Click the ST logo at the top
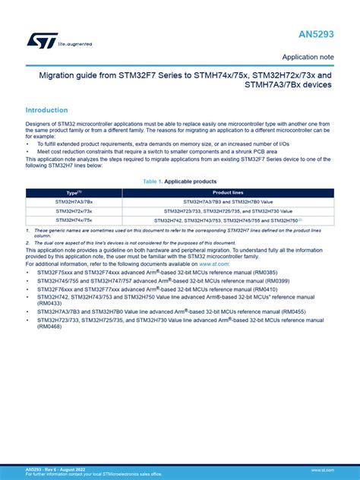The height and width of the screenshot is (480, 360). tap(38, 39)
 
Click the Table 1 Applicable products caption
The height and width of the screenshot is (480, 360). tap(179, 182)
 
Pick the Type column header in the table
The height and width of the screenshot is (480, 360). tap(74, 193)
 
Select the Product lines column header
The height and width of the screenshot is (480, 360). tap(226, 193)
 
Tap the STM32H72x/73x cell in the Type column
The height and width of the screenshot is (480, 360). tap(74, 211)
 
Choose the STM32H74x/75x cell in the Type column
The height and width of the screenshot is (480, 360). tap(74, 220)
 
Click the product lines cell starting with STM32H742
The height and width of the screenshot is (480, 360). tap(226, 220)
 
